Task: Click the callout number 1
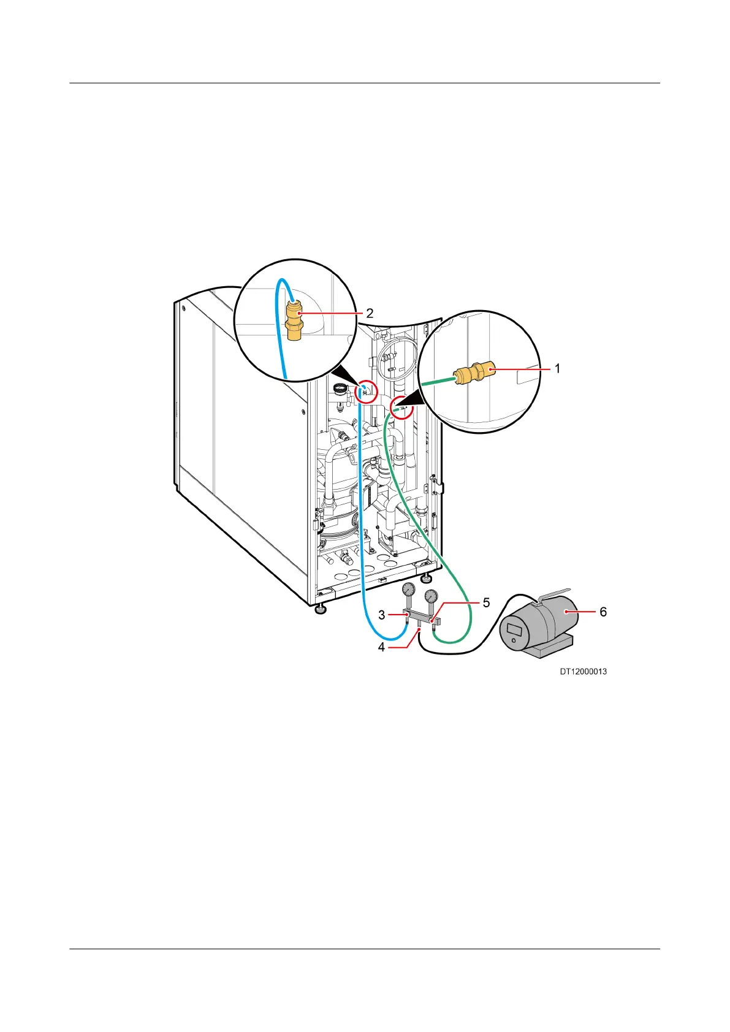coord(557,368)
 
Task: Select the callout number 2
coord(370,313)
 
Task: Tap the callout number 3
coord(381,614)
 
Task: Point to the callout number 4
coord(381,647)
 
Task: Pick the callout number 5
coord(486,603)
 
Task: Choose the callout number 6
coord(603,612)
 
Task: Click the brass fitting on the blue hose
coord(295,321)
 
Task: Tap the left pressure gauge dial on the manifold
coord(409,590)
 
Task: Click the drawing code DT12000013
coord(583,672)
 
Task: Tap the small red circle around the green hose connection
coord(402,406)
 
